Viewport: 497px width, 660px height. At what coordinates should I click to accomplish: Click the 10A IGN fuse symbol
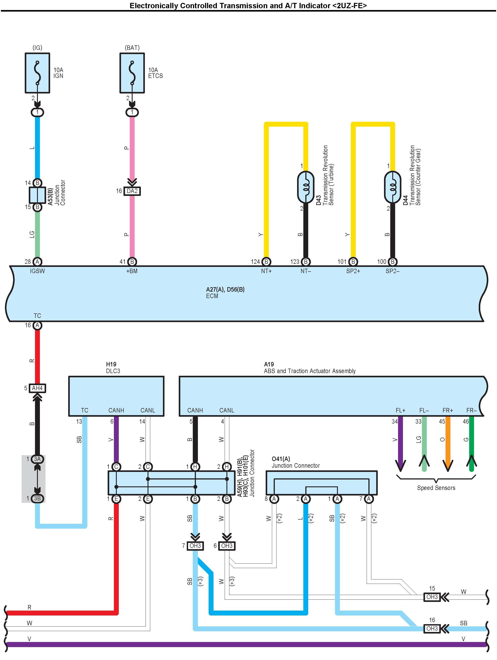tap(37, 73)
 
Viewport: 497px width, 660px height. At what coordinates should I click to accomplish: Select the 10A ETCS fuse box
tap(132, 73)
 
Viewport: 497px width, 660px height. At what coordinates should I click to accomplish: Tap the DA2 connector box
tap(132, 191)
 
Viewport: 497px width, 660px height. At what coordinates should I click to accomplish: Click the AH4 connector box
tap(37, 388)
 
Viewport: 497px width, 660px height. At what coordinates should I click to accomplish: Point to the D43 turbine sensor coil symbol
tap(306, 187)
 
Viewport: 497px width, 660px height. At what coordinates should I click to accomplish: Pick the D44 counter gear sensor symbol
tap(392, 187)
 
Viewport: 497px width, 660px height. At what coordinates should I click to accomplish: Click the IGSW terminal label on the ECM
tap(37, 271)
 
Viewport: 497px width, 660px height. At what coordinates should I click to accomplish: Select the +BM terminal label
tap(132, 271)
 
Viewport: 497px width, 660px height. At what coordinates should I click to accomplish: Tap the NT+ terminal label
tap(266, 271)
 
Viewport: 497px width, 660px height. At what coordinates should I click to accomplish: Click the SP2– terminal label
tap(392, 271)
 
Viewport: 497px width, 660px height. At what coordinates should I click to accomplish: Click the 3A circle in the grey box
tap(37, 459)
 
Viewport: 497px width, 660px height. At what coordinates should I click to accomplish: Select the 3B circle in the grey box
tap(37, 498)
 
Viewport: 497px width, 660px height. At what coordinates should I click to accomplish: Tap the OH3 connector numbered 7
tap(195, 546)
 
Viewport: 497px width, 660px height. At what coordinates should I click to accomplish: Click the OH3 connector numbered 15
tap(432, 597)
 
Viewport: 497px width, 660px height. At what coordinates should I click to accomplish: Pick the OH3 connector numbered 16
tap(432, 629)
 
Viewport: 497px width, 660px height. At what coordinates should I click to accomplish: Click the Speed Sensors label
tap(436, 488)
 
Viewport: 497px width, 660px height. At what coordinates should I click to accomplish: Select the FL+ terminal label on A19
tap(400, 410)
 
